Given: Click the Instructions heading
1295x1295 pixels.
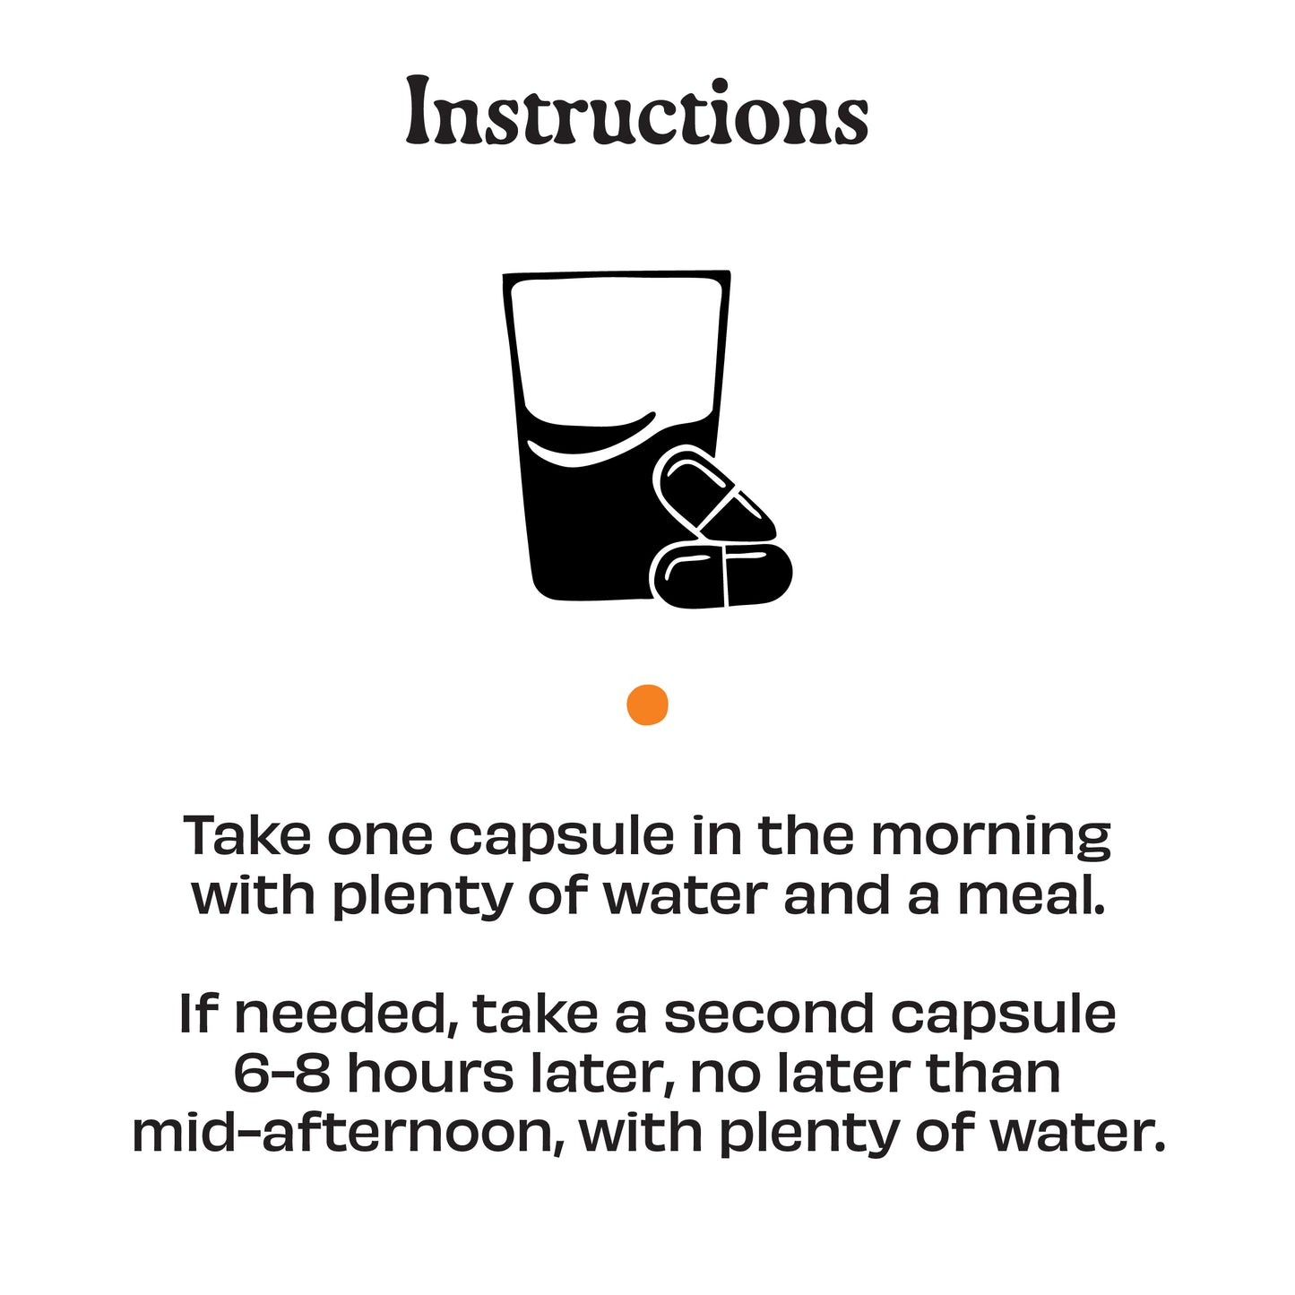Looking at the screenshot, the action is coord(636,111).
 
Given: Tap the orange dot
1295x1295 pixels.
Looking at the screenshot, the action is coord(647,705).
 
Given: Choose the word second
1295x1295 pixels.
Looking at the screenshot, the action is coord(769,1014).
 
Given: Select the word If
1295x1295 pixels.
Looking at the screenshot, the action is coord(197,1013).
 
